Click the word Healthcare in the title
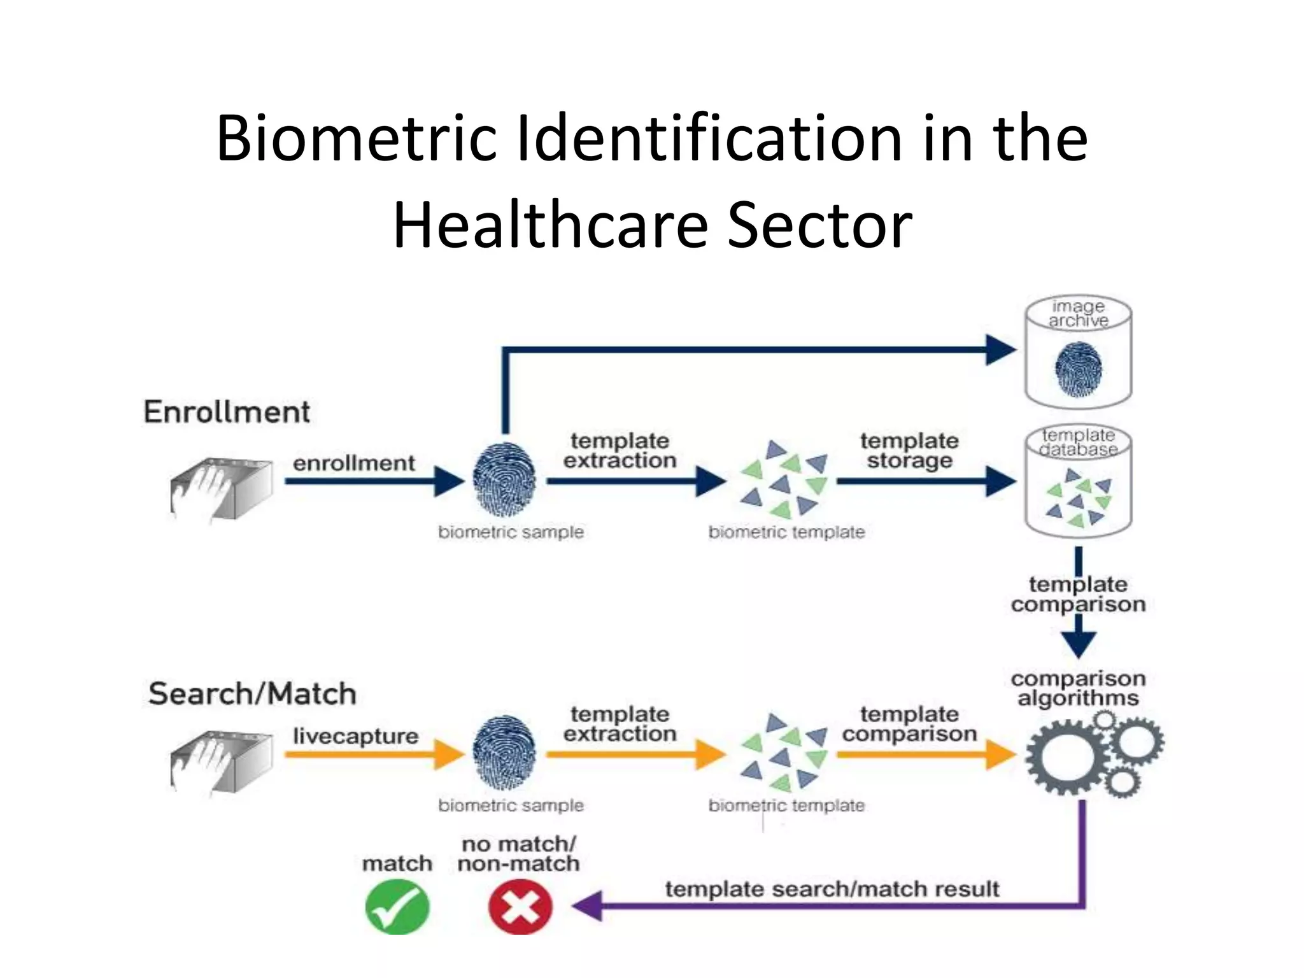pyautogui.click(x=550, y=225)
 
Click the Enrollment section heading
pyautogui.click(x=227, y=412)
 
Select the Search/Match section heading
pyautogui.click(x=252, y=693)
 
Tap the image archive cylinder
pyautogui.click(x=1078, y=351)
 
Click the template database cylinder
pyautogui.click(x=1078, y=482)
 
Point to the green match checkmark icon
pyautogui.click(x=397, y=907)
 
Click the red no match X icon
pyautogui.click(x=520, y=907)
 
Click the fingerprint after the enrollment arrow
pyautogui.click(x=504, y=479)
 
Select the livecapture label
pyautogui.click(x=355, y=736)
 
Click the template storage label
pyautogui.click(x=909, y=450)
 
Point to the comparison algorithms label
pyautogui.click(x=1078, y=688)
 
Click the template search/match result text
pyautogui.click(x=832, y=889)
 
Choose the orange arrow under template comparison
pyautogui.click(x=923, y=755)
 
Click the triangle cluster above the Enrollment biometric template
pyautogui.click(x=783, y=479)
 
